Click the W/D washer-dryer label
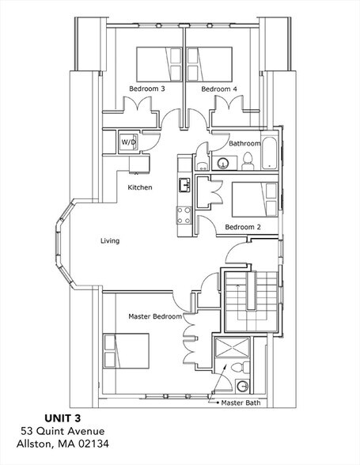coord(128,142)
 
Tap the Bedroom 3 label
coord(147,89)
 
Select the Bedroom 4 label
coord(219,89)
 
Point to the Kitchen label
coord(140,187)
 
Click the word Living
coord(110,240)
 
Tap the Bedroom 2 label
coord(243,227)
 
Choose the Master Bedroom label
coord(155,316)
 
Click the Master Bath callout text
coord(241,403)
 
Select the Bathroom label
coord(244,144)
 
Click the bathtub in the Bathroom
coord(270,153)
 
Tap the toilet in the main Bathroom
coord(247,161)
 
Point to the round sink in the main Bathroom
coord(222,163)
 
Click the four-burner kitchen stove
coord(184,216)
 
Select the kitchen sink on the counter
coord(184,185)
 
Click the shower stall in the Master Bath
coord(232,347)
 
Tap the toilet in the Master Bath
coord(241,368)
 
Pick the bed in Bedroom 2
coord(255,199)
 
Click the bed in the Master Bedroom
coord(126,351)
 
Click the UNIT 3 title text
coord(63,418)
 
